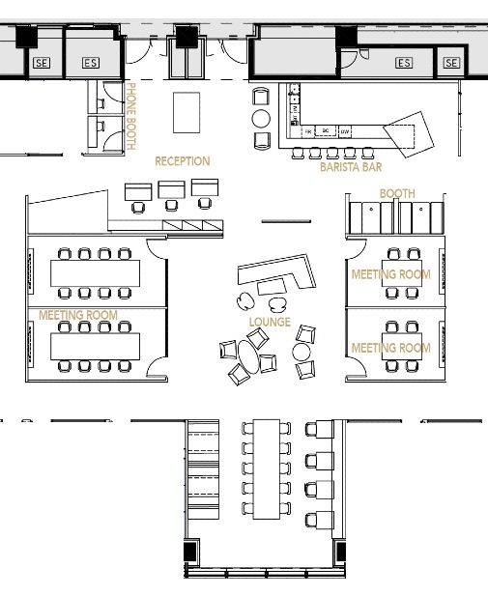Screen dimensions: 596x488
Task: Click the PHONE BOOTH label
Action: pyautogui.click(x=132, y=117)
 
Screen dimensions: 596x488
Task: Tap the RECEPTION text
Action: pyautogui.click(x=182, y=161)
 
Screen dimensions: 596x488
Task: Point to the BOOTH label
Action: pyautogui.click(x=396, y=193)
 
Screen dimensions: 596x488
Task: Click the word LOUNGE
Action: pyautogui.click(x=270, y=322)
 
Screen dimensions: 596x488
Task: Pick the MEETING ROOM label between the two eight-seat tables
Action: pyautogui.click(x=78, y=315)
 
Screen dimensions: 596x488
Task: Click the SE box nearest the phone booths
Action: pyautogui.click(x=41, y=63)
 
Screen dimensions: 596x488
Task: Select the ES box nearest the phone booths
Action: pyautogui.click(x=90, y=63)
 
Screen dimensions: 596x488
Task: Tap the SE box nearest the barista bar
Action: pyautogui.click(x=451, y=63)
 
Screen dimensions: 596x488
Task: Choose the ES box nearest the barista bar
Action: pyautogui.click(x=403, y=63)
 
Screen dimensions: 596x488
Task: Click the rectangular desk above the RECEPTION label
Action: pyautogui.click(x=186, y=113)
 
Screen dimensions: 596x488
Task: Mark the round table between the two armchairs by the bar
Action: pyautogui.click(x=261, y=119)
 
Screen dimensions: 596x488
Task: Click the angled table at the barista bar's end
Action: pyautogui.click(x=409, y=133)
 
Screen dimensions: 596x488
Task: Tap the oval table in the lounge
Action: pyautogui.click(x=249, y=358)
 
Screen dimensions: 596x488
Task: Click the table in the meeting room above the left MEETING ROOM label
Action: pyautogui.click(x=94, y=273)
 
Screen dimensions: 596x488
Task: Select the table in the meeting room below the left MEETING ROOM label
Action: pyautogui.click(x=94, y=346)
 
